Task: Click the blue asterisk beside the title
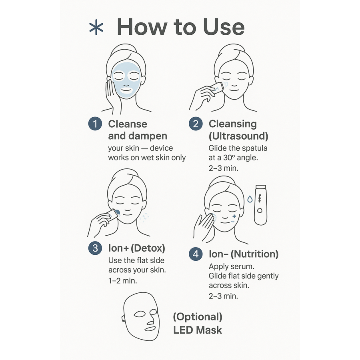point(96,27)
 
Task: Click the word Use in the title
point(224,27)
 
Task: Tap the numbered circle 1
point(95,124)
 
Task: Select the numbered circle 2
point(196,124)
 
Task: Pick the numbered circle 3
point(95,248)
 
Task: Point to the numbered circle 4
point(196,254)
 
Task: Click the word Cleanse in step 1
point(128,124)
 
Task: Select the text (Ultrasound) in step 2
point(238,136)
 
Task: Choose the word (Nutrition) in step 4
point(254,254)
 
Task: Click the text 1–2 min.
point(123,280)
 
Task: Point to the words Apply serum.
point(232,266)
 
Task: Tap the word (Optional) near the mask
point(198,317)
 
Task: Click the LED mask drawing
point(140,316)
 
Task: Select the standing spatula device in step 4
point(260,205)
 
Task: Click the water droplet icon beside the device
point(250,199)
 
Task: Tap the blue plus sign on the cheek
point(234,216)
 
